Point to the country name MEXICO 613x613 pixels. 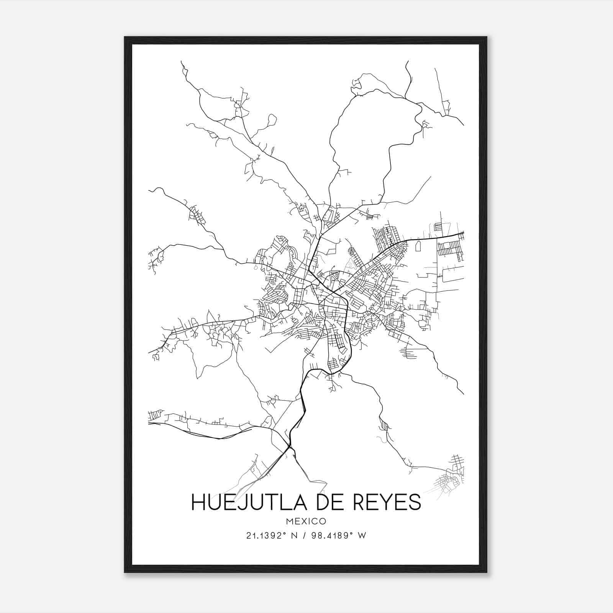coord(306,521)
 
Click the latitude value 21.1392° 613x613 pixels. coord(267,536)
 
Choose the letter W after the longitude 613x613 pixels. coord(362,536)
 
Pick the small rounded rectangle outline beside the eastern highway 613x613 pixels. coord(418,246)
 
